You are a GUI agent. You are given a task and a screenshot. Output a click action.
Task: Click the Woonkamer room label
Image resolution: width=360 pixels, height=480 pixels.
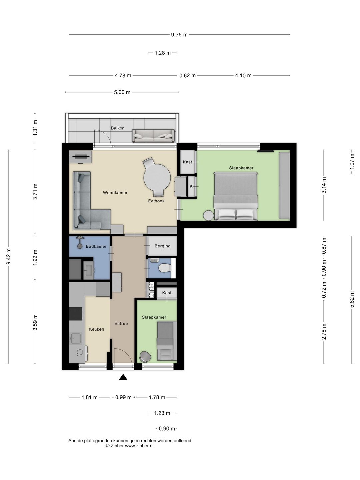tap(115, 193)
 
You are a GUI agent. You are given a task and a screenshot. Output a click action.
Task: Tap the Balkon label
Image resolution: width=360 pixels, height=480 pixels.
tap(118, 128)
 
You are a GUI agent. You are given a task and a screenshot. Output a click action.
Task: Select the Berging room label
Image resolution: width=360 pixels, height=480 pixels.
tap(162, 246)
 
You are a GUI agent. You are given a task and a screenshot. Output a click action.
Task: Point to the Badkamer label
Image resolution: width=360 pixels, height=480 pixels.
tap(96, 246)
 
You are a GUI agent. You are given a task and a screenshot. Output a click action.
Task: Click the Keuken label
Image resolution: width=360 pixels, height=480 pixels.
tap(96, 329)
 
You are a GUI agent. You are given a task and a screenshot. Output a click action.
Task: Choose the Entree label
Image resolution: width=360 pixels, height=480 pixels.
tap(121, 323)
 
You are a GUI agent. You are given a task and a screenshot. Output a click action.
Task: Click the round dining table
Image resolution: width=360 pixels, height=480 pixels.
tap(157, 177)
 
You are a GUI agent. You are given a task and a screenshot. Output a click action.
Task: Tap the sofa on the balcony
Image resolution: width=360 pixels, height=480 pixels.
tap(153, 136)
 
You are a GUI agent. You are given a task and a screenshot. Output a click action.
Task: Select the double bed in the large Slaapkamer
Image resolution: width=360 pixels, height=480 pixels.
tap(236, 196)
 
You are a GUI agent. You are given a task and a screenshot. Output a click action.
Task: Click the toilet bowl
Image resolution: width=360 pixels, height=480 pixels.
tap(165, 268)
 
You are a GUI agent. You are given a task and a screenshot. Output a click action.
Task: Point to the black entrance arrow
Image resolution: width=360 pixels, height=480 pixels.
tap(123, 377)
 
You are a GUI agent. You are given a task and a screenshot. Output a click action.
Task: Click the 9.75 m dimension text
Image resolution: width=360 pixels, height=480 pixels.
tap(179, 35)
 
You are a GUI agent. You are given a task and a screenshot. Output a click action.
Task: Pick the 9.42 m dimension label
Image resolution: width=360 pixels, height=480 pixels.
tap(9, 256)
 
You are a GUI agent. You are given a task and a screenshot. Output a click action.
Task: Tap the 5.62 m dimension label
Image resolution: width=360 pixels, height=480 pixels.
tap(352, 299)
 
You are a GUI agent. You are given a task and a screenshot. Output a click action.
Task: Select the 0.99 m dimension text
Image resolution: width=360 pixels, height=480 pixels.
tap(123, 397)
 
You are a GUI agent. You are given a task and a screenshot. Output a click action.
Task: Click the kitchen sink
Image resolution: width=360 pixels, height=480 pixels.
tap(76, 338)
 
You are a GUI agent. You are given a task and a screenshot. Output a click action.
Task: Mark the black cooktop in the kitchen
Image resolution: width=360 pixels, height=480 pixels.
tap(76, 314)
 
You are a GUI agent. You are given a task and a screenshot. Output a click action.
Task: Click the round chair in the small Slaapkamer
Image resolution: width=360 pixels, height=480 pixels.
tap(145, 357)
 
